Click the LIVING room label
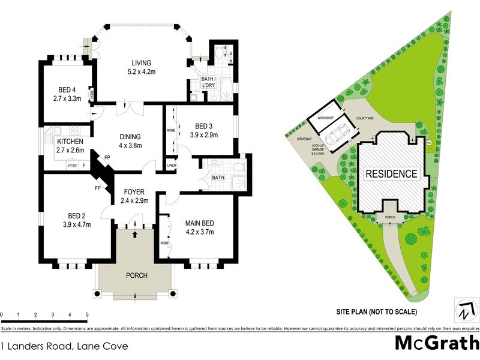[x=142, y=63]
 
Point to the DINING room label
[x=131, y=137]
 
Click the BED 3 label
[x=201, y=126]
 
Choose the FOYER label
[x=134, y=193]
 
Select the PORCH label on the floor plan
[x=136, y=276]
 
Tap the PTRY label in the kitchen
[x=73, y=166]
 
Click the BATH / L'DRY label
[x=208, y=83]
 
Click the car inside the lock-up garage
[x=339, y=132]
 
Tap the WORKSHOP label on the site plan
[x=326, y=118]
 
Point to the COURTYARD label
[x=365, y=119]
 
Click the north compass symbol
[x=465, y=310]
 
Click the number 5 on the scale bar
[x=87, y=314]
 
